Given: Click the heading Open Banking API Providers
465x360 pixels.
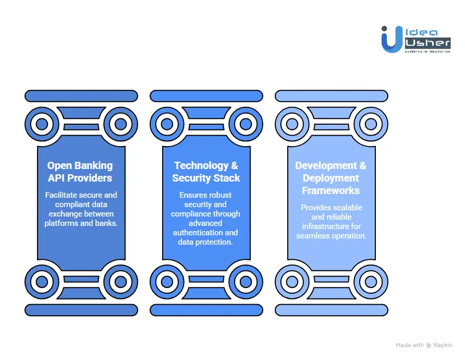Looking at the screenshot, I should coord(80,172).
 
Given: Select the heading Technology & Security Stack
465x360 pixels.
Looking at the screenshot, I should coord(206,172).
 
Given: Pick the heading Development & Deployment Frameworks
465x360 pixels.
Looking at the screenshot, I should coord(331,178).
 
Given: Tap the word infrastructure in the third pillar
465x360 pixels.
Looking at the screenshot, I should coord(331,226).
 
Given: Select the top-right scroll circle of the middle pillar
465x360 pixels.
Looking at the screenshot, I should coord(246,124).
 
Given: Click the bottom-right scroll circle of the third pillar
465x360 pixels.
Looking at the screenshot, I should coord(371,282).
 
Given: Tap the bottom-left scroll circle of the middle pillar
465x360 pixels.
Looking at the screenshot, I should coord(167,282).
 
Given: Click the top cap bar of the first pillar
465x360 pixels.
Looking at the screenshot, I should coord(81,96).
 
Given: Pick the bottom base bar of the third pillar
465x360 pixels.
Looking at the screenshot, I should coord(332,310).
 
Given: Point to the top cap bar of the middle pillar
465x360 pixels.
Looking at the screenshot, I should coord(206,96).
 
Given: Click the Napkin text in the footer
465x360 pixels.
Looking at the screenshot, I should coord(444,345).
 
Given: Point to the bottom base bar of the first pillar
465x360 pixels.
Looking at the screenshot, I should coord(81,310).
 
